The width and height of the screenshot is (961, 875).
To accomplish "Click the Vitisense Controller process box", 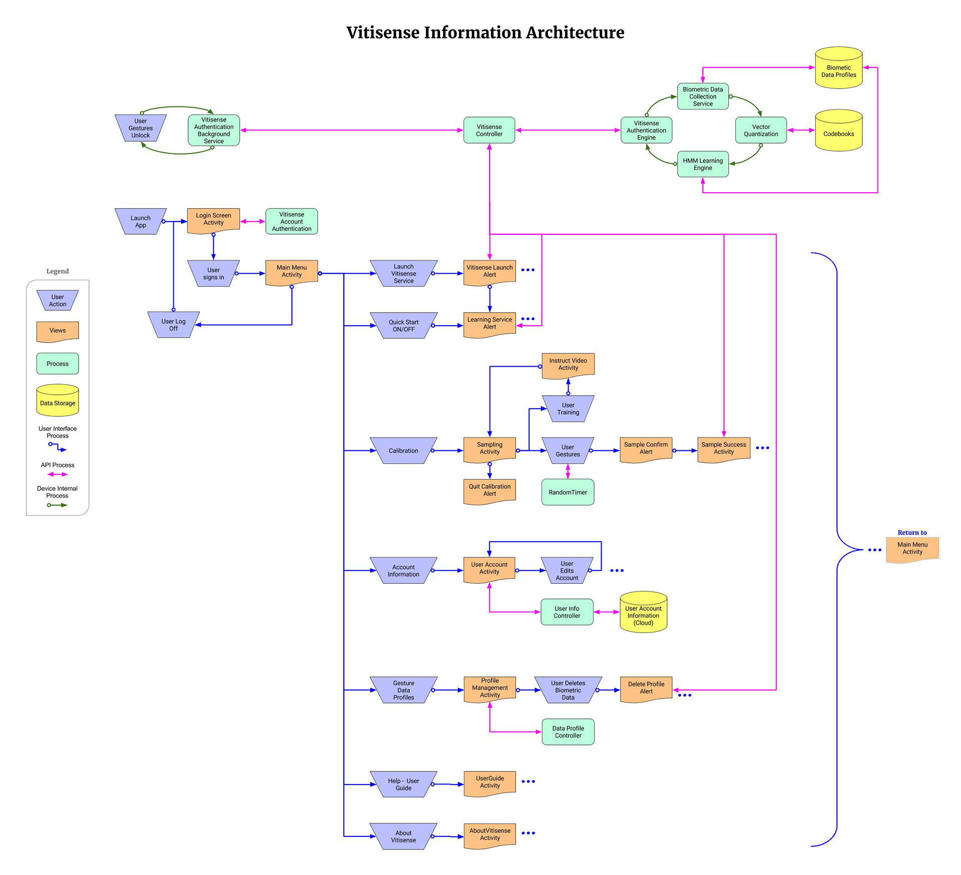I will point(489,131).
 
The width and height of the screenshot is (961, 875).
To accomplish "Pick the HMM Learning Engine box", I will point(703,164).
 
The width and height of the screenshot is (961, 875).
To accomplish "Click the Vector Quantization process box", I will point(761,131).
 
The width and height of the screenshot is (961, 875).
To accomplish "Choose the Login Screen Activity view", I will point(213,220).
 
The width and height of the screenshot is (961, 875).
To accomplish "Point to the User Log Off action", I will point(173,325).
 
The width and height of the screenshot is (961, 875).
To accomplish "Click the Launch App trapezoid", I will point(141,222).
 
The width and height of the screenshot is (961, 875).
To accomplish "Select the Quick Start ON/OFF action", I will point(403,326).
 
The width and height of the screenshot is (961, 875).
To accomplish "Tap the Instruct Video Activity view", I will point(568,365).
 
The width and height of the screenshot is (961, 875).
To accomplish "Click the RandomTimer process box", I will point(568,492).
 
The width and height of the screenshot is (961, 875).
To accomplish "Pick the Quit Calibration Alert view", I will point(490,491).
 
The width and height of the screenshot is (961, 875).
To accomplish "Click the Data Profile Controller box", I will point(568,732).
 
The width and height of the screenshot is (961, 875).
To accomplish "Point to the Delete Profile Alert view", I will point(646,689).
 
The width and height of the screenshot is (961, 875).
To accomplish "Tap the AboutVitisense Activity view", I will point(490,835).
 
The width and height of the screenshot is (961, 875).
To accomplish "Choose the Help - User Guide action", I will point(403,784).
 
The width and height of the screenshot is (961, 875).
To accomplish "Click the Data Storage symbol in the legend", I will point(58,401).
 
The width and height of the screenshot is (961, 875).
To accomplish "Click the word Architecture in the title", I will point(575,33).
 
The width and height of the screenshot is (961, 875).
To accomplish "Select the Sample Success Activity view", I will point(724,449).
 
